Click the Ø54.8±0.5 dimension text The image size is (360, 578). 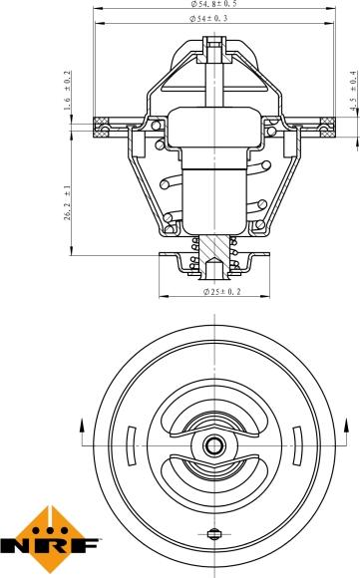point(214,5)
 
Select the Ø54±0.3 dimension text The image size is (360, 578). point(214,19)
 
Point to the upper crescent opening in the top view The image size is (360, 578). point(214,418)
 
